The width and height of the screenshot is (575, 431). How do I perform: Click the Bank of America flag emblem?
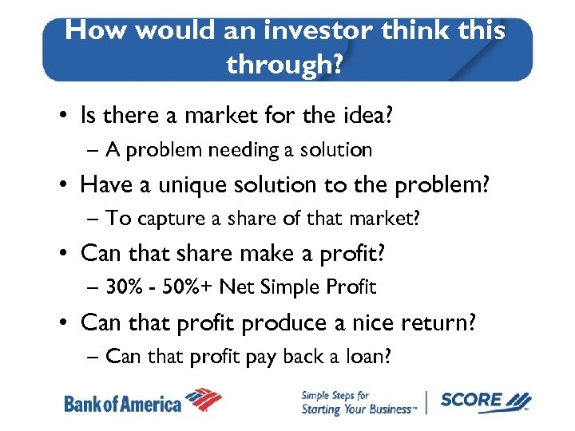point(204,400)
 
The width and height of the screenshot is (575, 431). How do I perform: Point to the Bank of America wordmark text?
point(122,404)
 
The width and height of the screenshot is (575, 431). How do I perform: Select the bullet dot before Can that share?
point(65,254)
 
